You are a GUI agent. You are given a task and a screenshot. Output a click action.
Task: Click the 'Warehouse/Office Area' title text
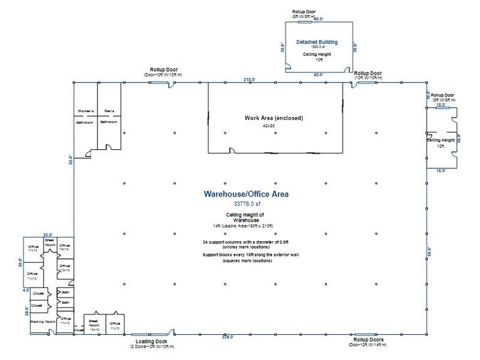click(246, 193)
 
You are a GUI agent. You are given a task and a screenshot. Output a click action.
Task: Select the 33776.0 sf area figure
click(246, 203)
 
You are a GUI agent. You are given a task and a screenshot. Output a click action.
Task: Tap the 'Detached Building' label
click(317, 42)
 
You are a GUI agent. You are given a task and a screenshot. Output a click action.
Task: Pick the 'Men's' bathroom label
click(108, 111)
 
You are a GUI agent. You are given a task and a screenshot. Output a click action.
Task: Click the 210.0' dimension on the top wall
click(249, 80)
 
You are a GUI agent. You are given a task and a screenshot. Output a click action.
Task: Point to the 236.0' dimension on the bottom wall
click(228, 337)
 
